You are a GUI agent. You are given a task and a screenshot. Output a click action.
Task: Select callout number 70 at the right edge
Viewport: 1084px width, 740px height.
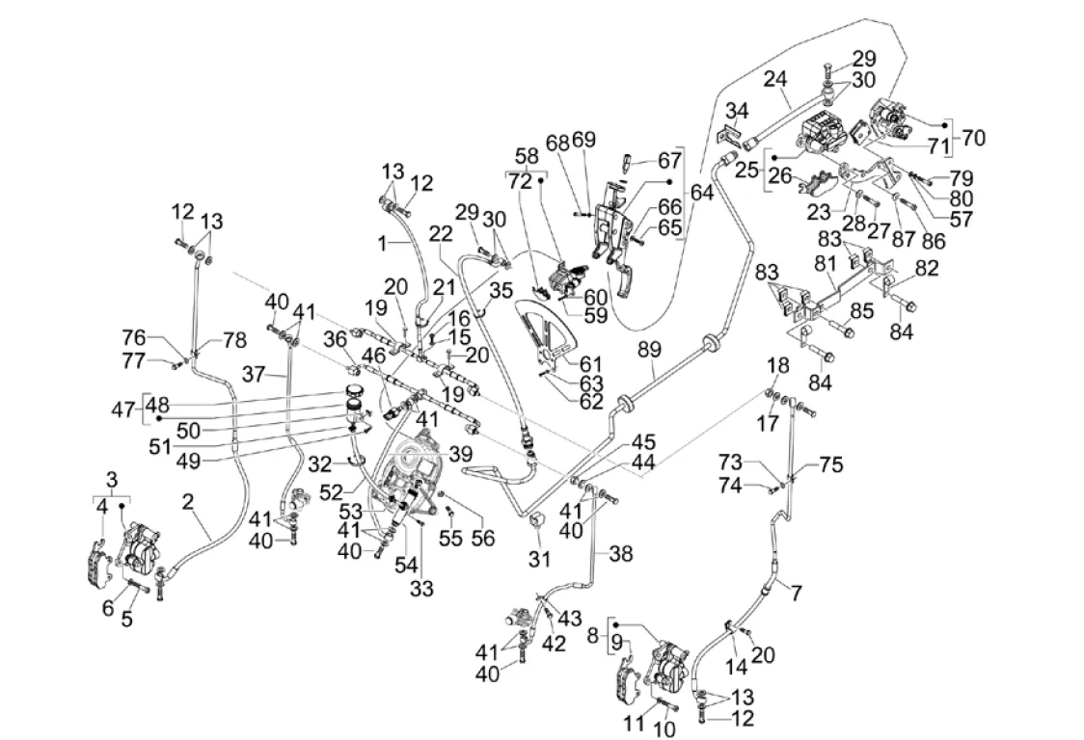tap(974, 137)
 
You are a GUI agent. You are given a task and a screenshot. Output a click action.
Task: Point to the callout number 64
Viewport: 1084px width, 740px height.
tap(702, 192)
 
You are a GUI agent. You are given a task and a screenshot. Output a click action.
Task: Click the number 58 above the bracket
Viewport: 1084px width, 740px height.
tap(527, 156)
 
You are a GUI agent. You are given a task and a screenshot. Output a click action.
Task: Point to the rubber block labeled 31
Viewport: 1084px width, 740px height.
tap(538, 524)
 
